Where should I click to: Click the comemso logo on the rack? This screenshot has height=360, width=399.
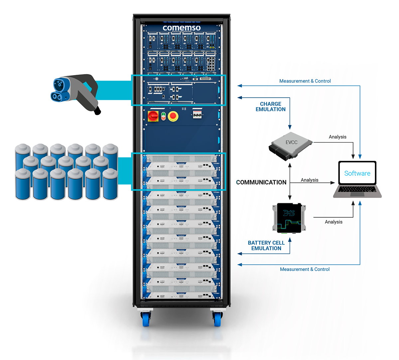[x=182, y=28]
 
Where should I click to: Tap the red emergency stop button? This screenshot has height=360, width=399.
[x=173, y=116]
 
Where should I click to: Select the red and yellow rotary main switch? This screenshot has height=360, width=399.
[x=153, y=116]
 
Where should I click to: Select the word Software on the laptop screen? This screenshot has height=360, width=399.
[x=357, y=173]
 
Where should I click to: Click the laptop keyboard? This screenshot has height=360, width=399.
[x=357, y=189]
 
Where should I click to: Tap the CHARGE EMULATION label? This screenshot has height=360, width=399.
[x=271, y=107]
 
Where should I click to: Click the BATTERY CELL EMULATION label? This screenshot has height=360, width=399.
[x=266, y=245]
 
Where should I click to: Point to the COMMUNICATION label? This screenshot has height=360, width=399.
[x=261, y=182]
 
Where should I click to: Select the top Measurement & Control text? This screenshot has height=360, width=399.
[x=305, y=81]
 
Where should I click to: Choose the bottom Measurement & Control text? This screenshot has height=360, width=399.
[x=305, y=269]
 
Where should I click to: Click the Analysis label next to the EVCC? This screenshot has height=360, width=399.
[x=337, y=137]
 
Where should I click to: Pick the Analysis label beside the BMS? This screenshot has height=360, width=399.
[x=333, y=222]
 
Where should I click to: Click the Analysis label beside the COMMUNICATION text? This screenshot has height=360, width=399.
[x=310, y=180]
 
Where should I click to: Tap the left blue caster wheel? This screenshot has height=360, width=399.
[x=146, y=319]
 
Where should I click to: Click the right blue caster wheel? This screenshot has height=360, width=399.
[x=218, y=319]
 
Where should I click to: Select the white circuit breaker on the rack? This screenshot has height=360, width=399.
[x=198, y=115]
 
